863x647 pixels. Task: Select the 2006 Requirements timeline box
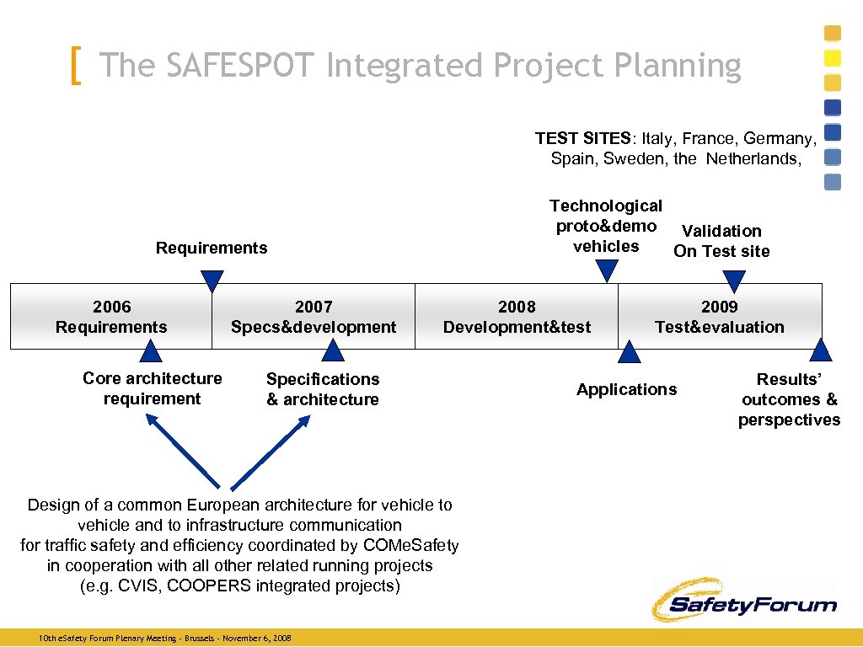click(111, 317)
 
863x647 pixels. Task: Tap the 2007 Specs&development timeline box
click(314, 317)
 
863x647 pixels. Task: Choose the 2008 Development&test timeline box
click(517, 317)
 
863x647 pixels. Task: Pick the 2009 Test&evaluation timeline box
click(720, 317)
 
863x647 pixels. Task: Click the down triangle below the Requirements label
click(212, 280)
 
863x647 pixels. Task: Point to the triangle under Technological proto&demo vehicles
click(605, 270)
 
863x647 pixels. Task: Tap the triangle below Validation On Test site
click(734, 280)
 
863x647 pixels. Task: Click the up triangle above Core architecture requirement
click(152, 351)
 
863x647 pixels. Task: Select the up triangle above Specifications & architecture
click(334, 351)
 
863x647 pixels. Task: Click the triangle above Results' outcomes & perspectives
click(821, 351)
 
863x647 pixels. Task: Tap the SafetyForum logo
click(743, 600)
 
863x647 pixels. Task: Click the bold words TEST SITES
click(582, 138)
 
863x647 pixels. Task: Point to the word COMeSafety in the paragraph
click(413, 545)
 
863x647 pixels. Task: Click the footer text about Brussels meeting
click(165, 639)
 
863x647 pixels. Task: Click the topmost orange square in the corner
click(832, 33)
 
